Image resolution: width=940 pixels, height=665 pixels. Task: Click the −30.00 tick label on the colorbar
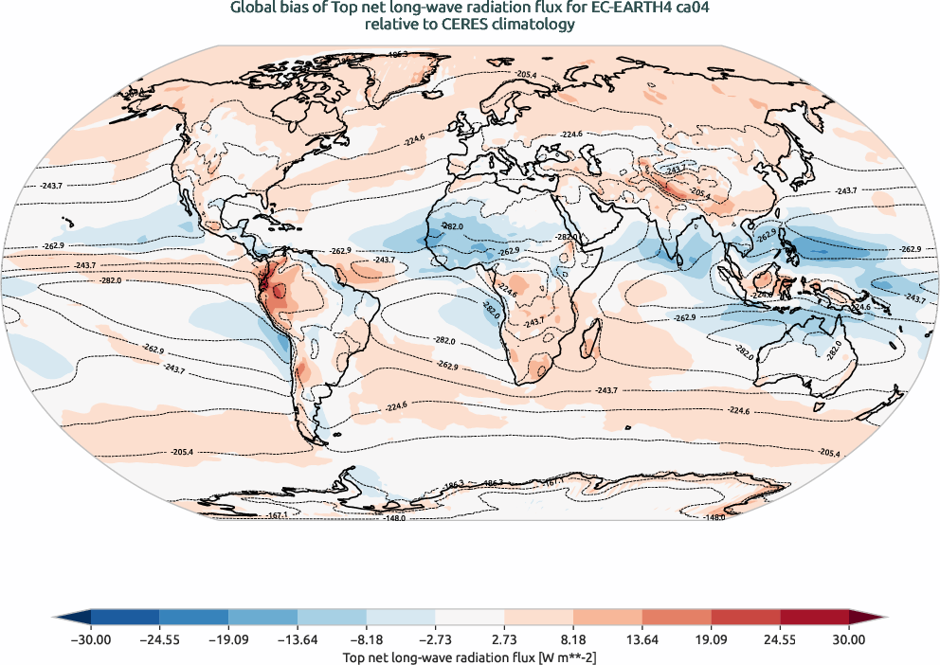click(91, 640)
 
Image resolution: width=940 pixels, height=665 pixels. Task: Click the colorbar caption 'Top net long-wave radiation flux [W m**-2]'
click(470, 656)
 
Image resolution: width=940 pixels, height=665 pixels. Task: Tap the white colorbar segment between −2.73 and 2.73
click(470, 618)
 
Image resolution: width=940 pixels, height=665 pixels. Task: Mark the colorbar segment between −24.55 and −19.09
click(194, 618)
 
